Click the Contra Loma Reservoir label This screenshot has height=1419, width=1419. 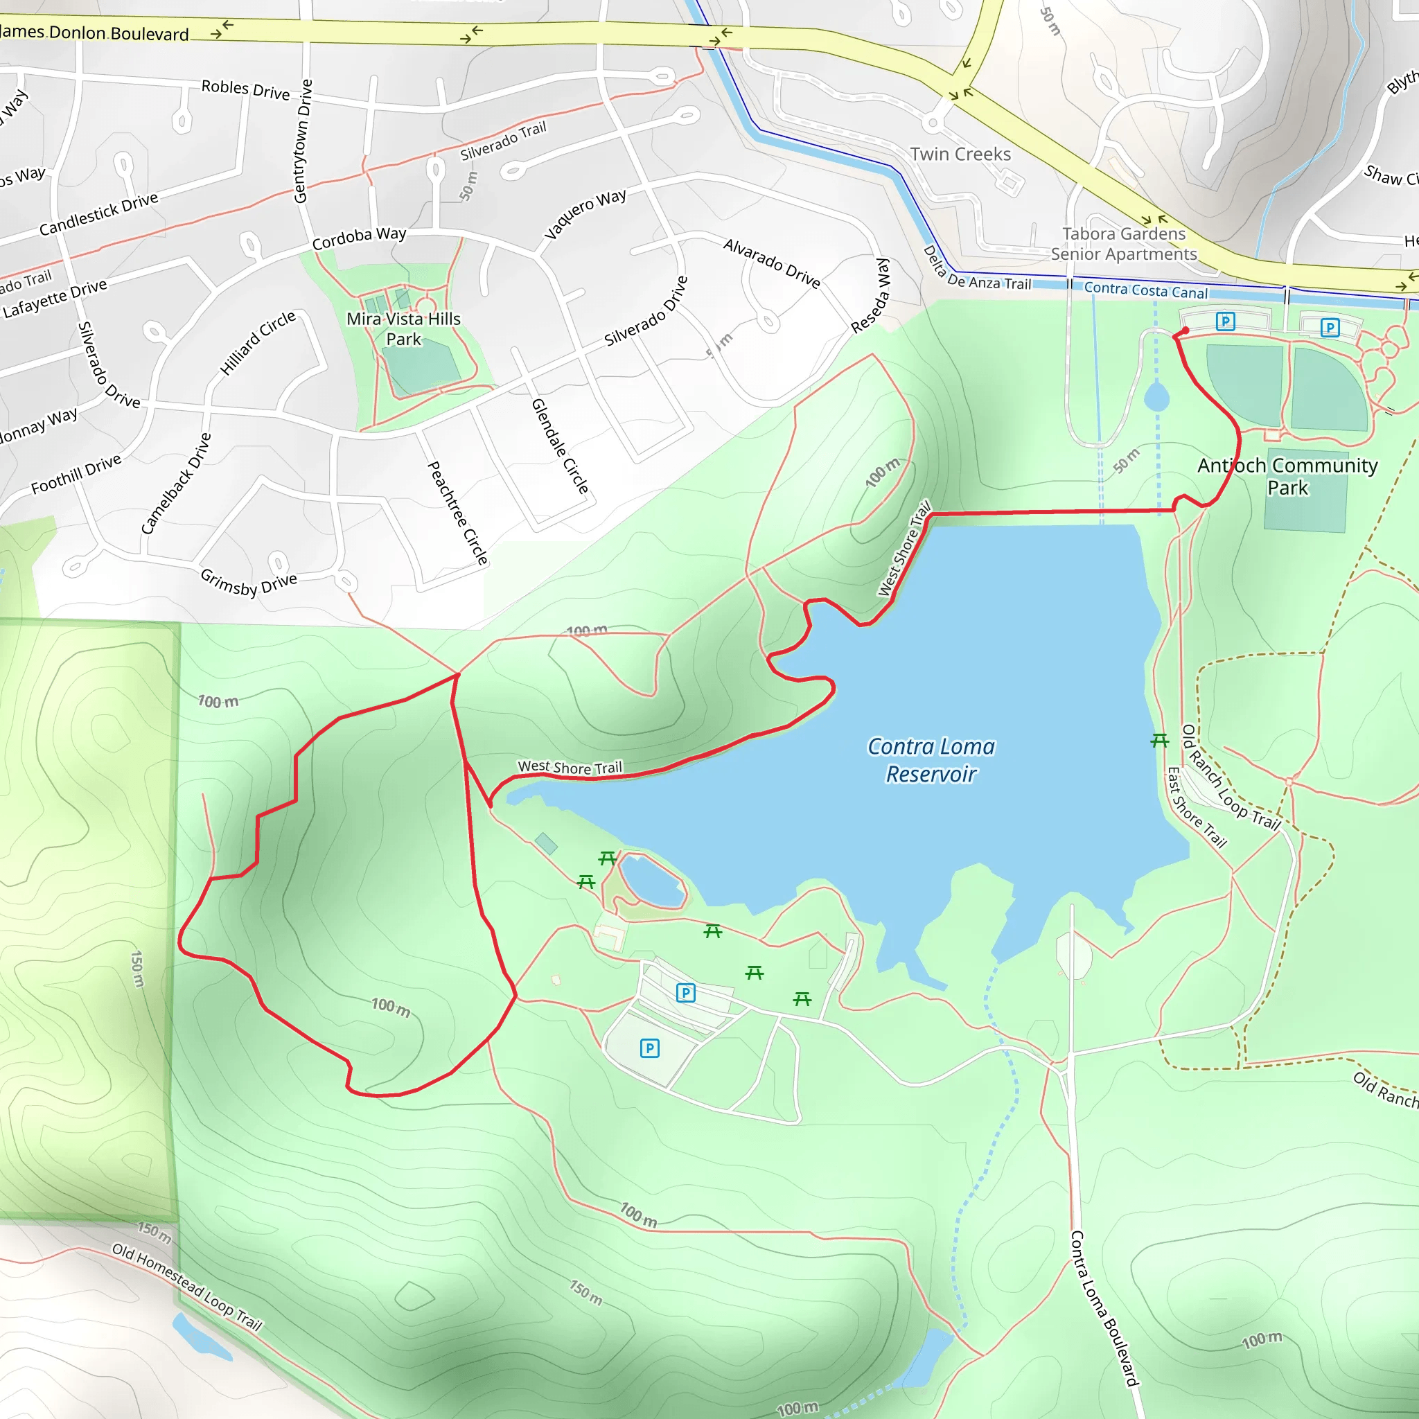coord(931,760)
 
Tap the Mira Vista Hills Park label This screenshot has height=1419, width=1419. coord(403,329)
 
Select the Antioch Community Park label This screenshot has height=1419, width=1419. coord(1287,476)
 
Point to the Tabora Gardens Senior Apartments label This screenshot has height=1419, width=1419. coord(1123,244)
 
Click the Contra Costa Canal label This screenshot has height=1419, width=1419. coord(1145,290)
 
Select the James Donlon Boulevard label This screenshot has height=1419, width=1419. coord(96,33)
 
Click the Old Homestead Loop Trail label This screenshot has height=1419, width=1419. coord(186,1287)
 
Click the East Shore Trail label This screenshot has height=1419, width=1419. coord(1197,807)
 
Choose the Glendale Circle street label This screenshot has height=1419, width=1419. coord(561,446)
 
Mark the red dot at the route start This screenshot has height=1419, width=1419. coord(1185,331)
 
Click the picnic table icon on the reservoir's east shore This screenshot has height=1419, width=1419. coord(1160,741)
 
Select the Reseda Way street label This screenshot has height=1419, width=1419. coord(871,295)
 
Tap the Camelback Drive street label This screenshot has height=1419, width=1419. coord(176,484)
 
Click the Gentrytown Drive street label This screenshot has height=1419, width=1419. coord(303,141)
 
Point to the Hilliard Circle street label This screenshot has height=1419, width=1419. coord(258,342)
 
